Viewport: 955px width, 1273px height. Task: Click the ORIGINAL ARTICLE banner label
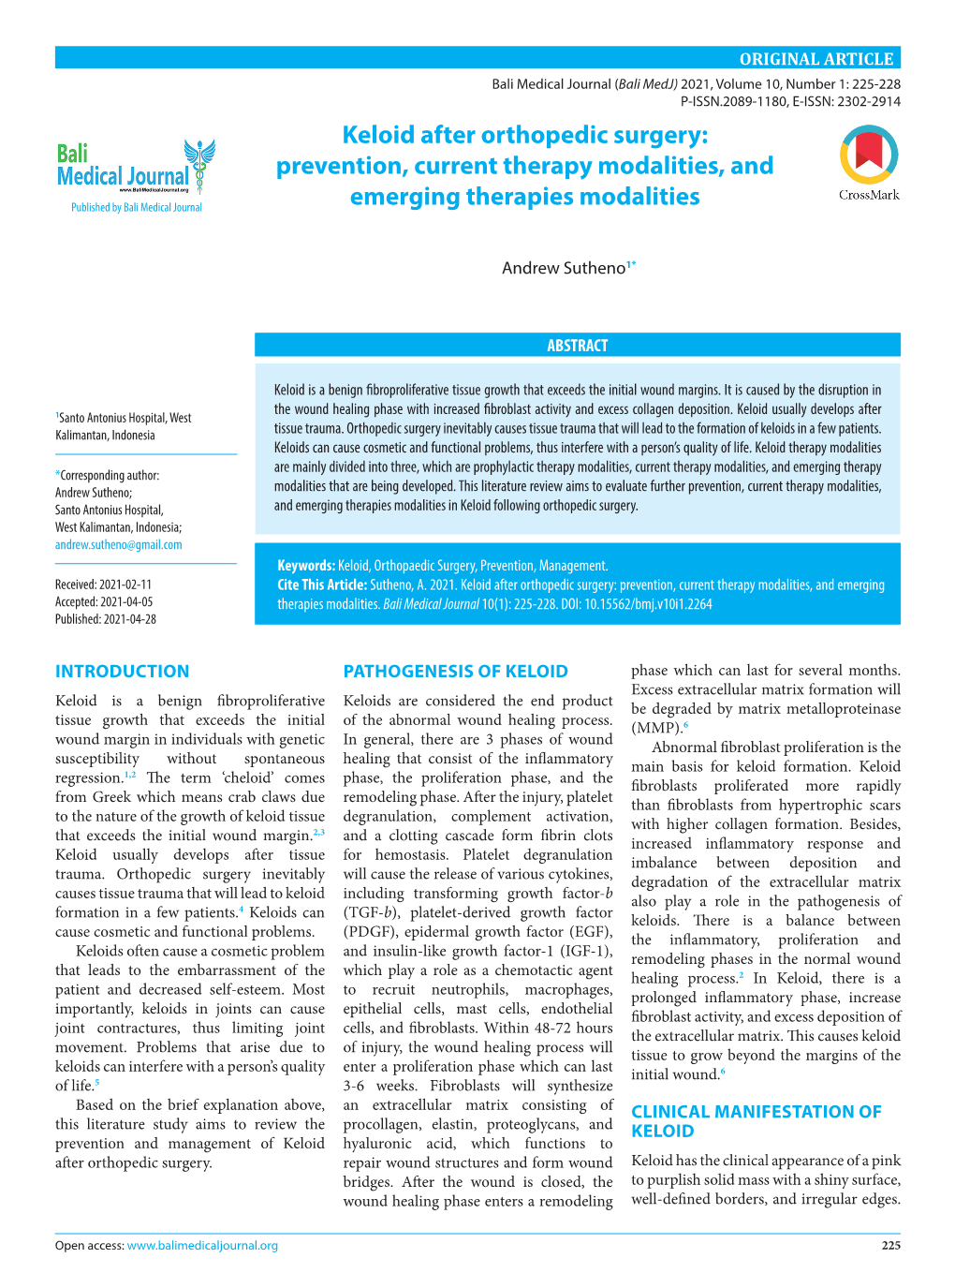(x=816, y=59)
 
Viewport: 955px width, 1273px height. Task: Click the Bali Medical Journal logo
(x=136, y=168)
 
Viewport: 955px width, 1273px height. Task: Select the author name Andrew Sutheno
(x=564, y=268)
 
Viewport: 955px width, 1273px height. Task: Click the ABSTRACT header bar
(x=577, y=346)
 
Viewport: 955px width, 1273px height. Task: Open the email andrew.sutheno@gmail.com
(x=119, y=544)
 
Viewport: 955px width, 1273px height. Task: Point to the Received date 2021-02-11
(x=103, y=584)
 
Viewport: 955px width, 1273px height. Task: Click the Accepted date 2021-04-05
(x=104, y=601)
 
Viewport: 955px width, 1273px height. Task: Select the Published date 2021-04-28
(x=106, y=619)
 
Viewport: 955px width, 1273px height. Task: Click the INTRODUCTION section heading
(x=122, y=671)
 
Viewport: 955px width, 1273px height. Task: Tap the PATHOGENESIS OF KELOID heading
(x=455, y=671)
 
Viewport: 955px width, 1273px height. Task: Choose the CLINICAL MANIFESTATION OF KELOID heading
(x=756, y=1120)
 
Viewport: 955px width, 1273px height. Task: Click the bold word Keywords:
(x=306, y=566)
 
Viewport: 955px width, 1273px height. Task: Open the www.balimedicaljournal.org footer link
(x=202, y=1245)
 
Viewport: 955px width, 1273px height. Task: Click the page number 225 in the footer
(x=890, y=1245)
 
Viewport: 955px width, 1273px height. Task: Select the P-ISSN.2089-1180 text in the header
(x=733, y=101)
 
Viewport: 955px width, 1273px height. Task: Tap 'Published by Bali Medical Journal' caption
(x=137, y=207)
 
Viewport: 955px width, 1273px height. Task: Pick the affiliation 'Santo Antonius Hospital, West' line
(x=125, y=418)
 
